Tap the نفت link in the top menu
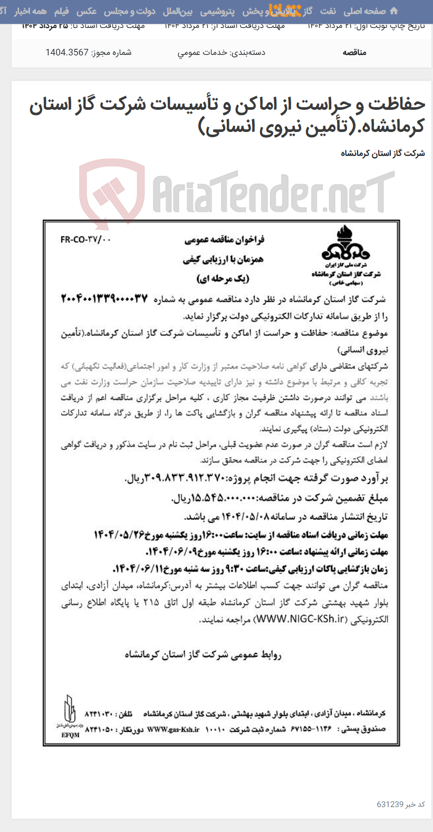point(328,11)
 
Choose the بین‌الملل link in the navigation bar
point(178,11)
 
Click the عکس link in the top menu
point(86,11)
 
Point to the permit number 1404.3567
point(67,52)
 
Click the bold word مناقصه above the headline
point(354,52)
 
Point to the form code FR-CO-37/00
point(85,240)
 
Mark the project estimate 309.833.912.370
point(169,478)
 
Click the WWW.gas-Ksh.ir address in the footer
point(174,730)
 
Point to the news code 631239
point(390,804)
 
